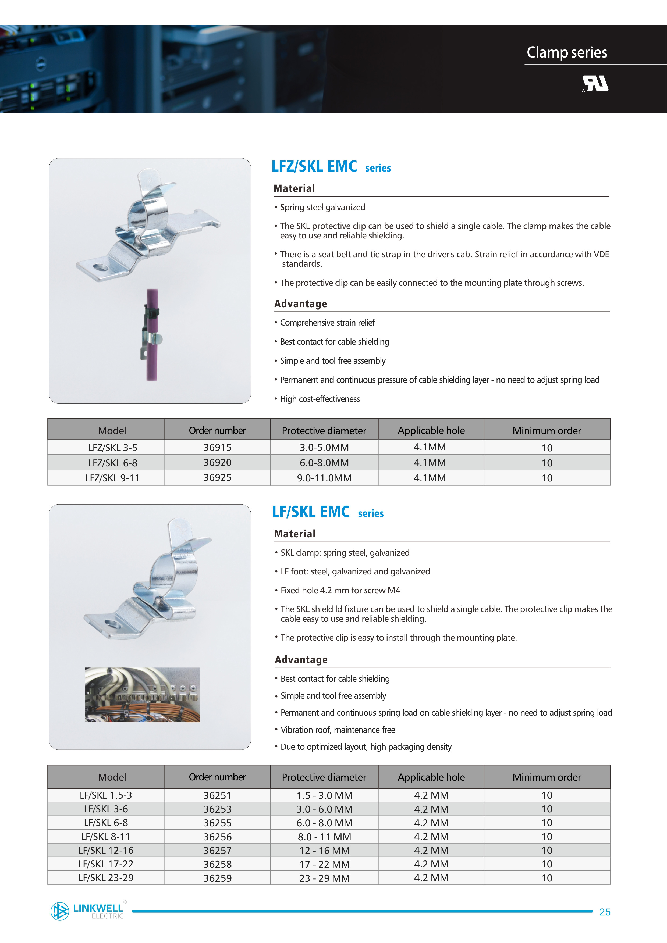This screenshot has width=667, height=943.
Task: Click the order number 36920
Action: (217, 462)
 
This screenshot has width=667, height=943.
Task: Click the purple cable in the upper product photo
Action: (152, 362)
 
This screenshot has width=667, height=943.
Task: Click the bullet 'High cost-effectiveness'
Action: (320, 399)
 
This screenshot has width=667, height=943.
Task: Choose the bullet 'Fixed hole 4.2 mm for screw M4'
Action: (340, 590)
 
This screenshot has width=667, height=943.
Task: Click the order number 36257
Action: (217, 850)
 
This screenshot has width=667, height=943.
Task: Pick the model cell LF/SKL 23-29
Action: (106, 878)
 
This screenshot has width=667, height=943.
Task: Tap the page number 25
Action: (605, 912)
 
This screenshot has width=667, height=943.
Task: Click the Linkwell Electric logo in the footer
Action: (87, 911)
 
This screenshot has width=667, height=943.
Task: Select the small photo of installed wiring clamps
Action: (142, 695)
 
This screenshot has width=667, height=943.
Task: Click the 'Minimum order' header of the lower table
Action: (547, 777)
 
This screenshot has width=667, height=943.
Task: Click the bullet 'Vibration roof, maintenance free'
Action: (338, 730)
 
